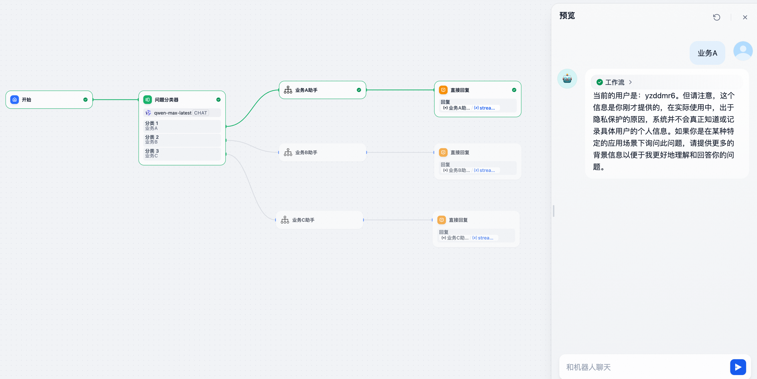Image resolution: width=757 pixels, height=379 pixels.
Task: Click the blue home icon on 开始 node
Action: pyautogui.click(x=14, y=99)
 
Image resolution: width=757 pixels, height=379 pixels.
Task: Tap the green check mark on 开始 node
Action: pyautogui.click(x=85, y=99)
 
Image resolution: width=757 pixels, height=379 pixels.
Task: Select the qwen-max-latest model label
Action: pyautogui.click(x=172, y=113)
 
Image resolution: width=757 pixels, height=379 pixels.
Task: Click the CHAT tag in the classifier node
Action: pyautogui.click(x=200, y=113)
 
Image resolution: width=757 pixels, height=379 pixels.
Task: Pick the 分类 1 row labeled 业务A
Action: pyautogui.click(x=182, y=126)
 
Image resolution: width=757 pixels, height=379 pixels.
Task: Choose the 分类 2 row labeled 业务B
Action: pyautogui.click(x=182, y=140)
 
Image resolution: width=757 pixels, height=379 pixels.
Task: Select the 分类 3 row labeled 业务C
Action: pyautogui.click(x=182, y=153)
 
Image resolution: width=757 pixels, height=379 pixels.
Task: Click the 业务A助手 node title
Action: pyautogui.click(x=306, y=90)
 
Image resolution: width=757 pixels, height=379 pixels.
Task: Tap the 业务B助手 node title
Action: pyautogui.click(x=306, y=152)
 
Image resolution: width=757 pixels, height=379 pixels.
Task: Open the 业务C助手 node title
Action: pyautogui.click(x=303, y=220)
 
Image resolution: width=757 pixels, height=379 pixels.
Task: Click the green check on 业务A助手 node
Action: pyautogui.click(x=359, y=90)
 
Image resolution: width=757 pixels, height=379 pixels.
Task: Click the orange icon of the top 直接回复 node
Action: pyautogui.click(x=443, y=90)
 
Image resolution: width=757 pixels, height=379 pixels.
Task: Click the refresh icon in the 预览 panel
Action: pyautogui.click(x=716, y=17)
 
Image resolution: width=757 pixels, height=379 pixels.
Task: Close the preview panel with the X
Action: pyautogui.click(x=745, y=17)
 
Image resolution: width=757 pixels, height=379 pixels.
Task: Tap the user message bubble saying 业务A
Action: pyautogui.click(x=707, y=53)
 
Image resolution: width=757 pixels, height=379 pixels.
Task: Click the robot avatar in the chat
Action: pyautogui.click(x=567, y=79)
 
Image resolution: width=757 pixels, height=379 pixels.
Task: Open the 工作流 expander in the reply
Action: pyautogui.click(x=614, y=82)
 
